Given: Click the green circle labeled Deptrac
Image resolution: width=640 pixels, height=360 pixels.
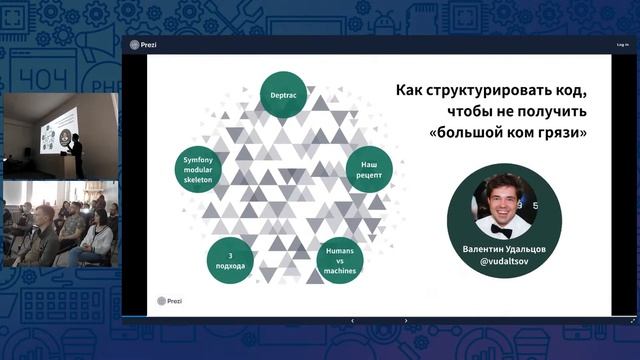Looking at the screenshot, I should (x=283, y=94).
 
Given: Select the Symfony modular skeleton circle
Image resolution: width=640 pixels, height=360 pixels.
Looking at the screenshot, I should (x=200, y=168).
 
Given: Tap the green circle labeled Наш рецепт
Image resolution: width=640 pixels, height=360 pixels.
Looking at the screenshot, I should (x=368, y=168).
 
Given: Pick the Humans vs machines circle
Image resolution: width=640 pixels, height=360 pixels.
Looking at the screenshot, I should (x=339, y=261).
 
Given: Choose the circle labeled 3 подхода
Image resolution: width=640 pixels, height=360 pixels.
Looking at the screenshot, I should (x=230, y=260).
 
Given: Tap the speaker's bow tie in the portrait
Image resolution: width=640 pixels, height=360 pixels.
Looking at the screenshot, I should (x=502, y=230).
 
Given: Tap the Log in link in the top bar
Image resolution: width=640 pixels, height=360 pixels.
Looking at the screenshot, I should (x=621, y=45).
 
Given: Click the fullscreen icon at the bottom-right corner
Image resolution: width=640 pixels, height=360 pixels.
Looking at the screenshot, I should (x=632, y=320).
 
